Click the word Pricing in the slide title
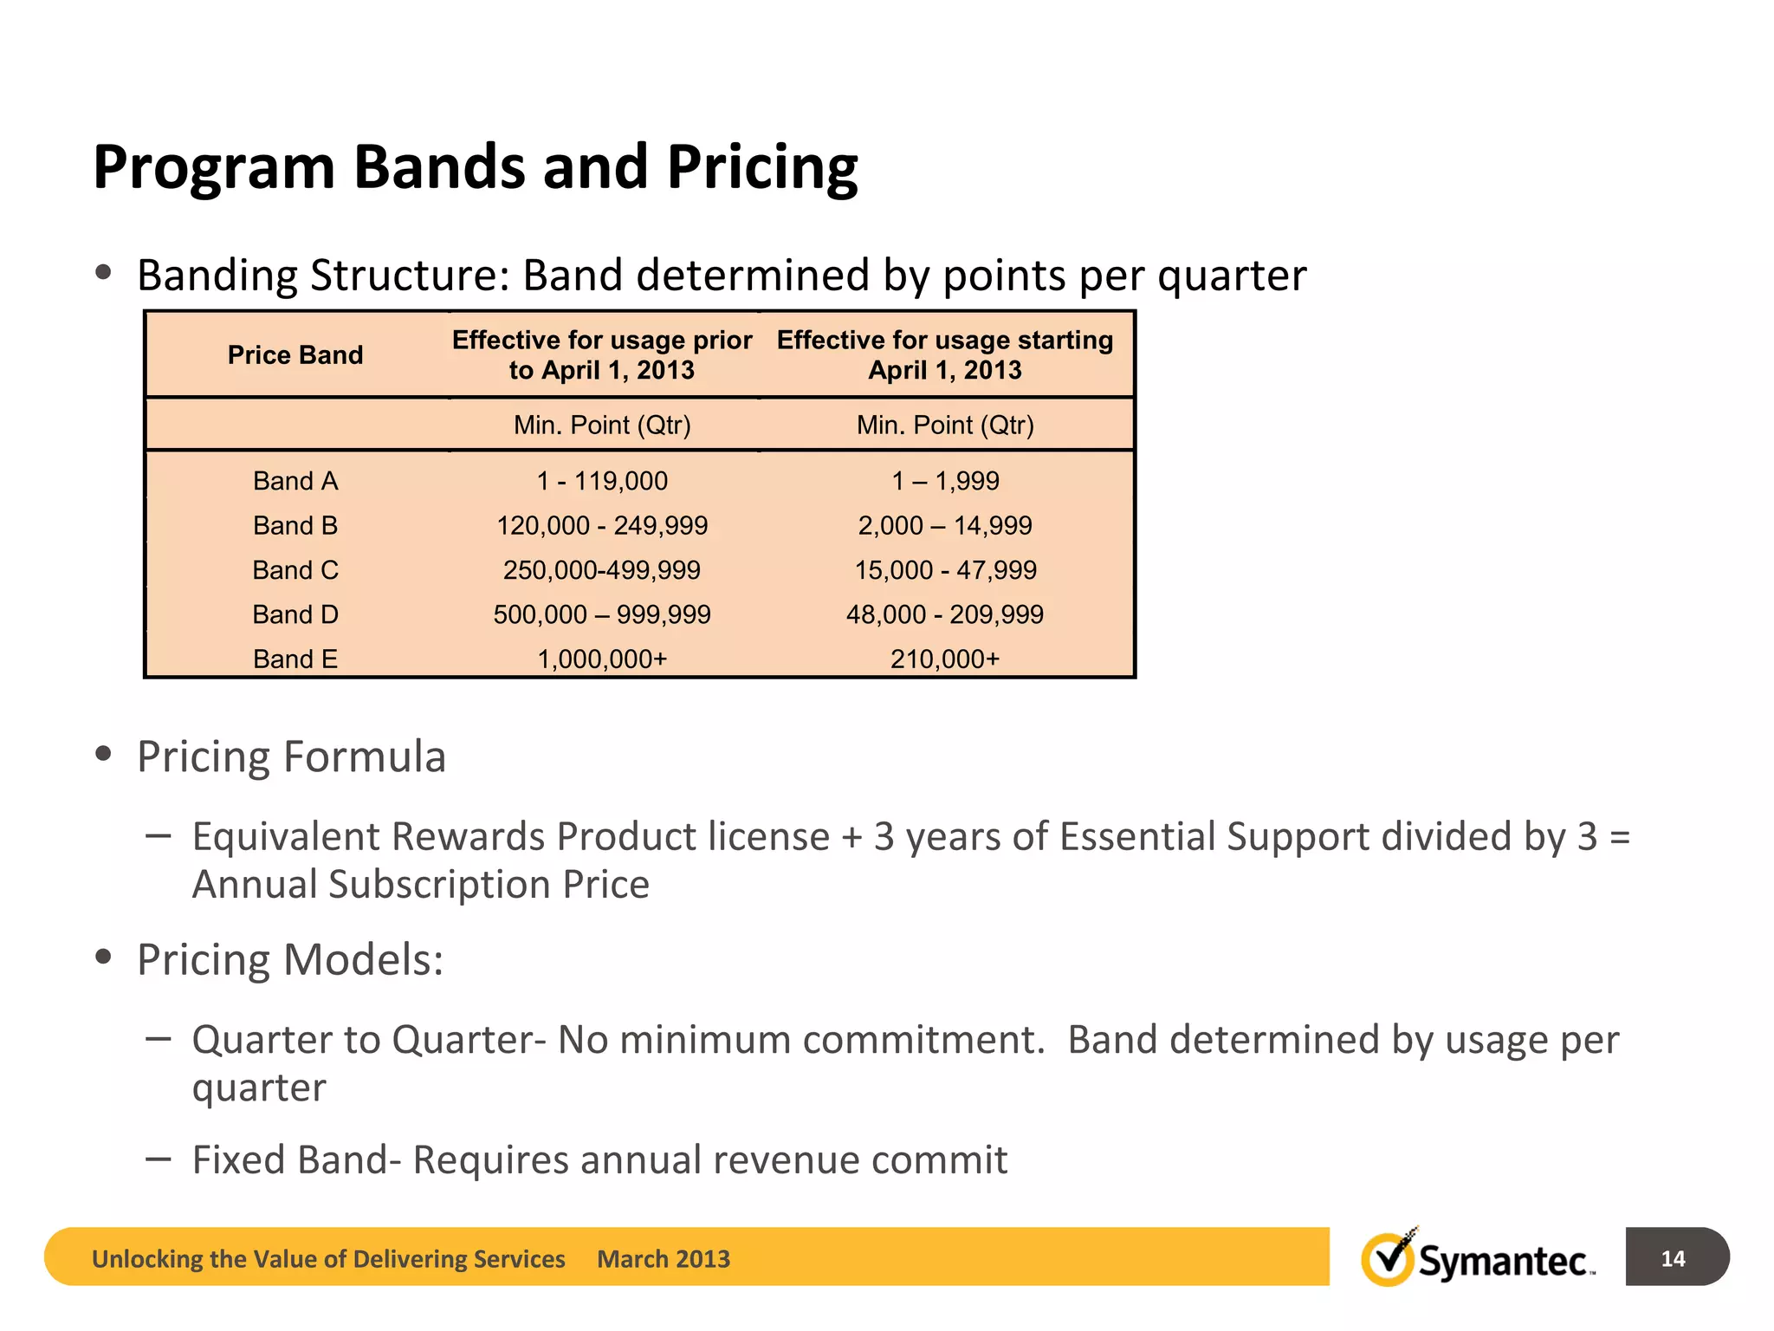pos(761,167)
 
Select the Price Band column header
pos(295,355)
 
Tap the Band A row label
pos(295,481)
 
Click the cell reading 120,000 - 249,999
pos(602,525)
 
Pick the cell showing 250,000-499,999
pos(602,570)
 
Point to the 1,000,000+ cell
pos(602,659)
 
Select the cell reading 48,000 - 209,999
pos(945,614)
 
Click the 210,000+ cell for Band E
pos(945,659)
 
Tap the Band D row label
pos(295,614)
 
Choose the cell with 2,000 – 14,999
pos(945,525)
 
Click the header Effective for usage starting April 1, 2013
pos(945,355)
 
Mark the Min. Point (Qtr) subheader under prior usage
pos(602,425)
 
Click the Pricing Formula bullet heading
pos(291,757)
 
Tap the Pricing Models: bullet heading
pos(290,960)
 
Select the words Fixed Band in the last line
pos(290,1160)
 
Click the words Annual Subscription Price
pos(420,885)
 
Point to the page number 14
pos(1673,1258)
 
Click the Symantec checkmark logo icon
pos(1388,1258)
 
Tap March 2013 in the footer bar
pos(664,1259)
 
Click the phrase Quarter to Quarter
pos(367,1040)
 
